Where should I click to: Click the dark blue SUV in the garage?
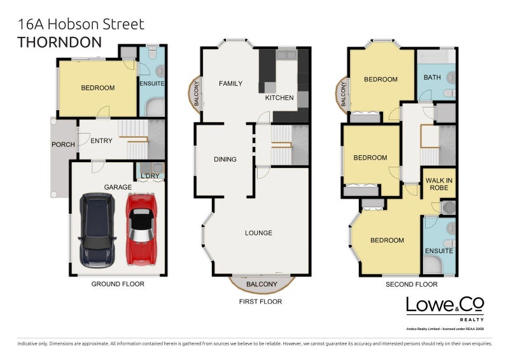(97, 230)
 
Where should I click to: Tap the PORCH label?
(63, 144)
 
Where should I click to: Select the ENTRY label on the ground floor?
(101, 141)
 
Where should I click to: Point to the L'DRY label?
(150, 176)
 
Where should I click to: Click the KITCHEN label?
(279, 98)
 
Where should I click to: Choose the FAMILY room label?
(230, 83)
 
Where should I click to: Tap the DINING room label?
(225, 160)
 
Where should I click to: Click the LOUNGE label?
(258, 233)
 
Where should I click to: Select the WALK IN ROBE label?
(439, 184)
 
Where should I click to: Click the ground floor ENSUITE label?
(152, 83)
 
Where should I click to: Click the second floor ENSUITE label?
(439, 251)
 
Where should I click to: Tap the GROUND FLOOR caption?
(118, 284)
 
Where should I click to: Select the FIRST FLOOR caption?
(260, 301)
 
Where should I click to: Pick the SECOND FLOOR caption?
(412, 284)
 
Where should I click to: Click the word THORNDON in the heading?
(59, 43)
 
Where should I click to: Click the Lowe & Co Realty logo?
(445, 308)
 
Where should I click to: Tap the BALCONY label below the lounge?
(261, 284)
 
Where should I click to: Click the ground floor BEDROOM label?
(97, 88)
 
